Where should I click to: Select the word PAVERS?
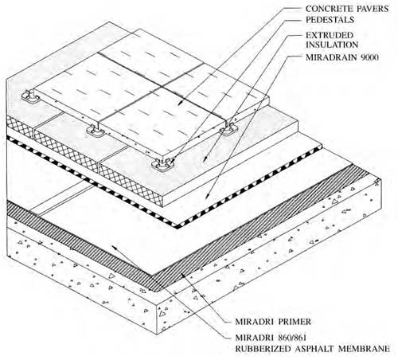(x=373, y=9)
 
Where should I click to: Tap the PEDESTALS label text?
(x=330, y=20)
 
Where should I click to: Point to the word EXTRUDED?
(x=330, y=35)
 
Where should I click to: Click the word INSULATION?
(x=332, y=45)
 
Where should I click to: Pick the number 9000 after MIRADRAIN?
(x=369, y=57)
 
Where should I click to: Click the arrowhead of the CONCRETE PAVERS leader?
(x=180, y=103)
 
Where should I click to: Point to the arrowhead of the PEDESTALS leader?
(x=172, y=162)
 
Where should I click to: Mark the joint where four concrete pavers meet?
(x=162, y=87)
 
